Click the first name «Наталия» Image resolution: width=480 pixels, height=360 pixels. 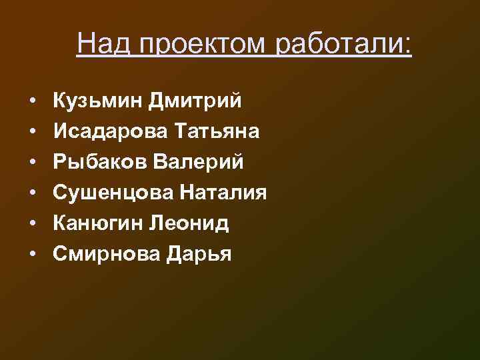pyautogui.click(x=223, y=193)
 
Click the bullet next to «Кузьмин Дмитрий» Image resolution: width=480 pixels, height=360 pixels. pyautogui.click(x=32, y=101)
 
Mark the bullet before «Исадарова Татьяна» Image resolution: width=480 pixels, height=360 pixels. pyautogui.click(x=32, y=132)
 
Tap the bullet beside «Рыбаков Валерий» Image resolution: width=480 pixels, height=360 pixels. pyautogui.click(x=32, y=163)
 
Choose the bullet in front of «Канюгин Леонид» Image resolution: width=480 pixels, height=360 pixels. pyautogui.click(x=32, y=224)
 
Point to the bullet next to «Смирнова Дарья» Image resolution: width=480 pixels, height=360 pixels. pyautogui.click(x=32, y=255)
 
